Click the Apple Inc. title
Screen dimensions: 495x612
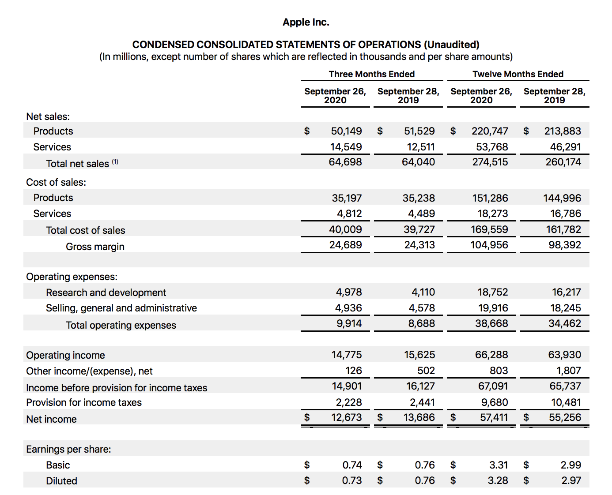pos(306,22)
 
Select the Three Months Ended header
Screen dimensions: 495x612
pos(371,74)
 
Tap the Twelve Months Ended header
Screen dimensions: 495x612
pos(518,74)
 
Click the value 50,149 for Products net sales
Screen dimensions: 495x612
pos(346,131)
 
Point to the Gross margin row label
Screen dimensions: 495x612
pos(95,247)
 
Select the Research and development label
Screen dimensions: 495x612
pos(106,292)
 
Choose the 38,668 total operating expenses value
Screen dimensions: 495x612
pos(491,323)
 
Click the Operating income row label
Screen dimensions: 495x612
pos(65,355)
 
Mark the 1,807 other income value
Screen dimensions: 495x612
pos(569,371)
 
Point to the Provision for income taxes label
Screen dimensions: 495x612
pos(84,402)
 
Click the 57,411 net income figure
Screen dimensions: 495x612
pos(494,417)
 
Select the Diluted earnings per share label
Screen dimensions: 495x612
pos(61,481)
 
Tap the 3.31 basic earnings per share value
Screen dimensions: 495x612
pos(499,465)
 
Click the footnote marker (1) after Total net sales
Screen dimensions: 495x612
pos(115,161)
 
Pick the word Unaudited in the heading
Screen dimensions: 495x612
pos(451,45)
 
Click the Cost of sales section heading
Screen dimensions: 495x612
pos(56,182)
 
